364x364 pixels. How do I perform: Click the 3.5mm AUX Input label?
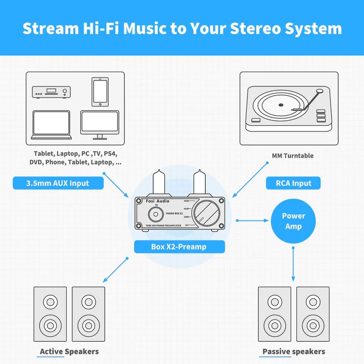tap(58, 183)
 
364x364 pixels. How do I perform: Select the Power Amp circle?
tap(294, 221)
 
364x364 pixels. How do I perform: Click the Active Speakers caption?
tap(69, 351)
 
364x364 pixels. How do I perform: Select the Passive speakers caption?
tap(294, 351)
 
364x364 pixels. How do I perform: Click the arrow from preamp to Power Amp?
tap(251, 220)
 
